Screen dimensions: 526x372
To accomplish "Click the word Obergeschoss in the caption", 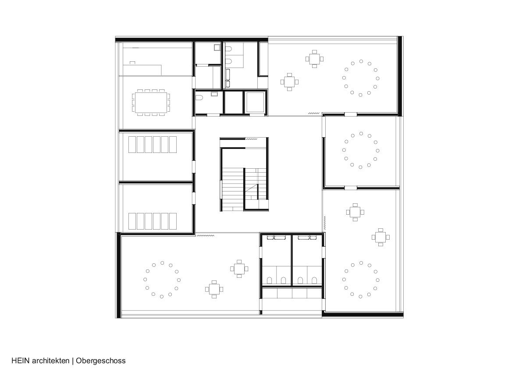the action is [x=100, y=361].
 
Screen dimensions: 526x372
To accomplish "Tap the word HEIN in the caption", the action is [x=21, y=361].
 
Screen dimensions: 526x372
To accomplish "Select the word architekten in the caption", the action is [x=51, y=361].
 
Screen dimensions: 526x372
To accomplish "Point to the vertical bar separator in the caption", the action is [x=73, y=361].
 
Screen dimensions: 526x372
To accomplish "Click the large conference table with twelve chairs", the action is [x=151, y=103].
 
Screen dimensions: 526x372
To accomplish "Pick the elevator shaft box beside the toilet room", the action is [x=255, y=103].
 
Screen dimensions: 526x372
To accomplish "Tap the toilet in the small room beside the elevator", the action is [x=199, y=98].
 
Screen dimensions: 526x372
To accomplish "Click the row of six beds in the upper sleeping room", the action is [x=153, y=145].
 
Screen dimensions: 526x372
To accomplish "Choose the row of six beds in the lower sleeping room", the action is [x=153, y=221].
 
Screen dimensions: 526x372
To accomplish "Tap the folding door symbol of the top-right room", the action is [x=314, y=113].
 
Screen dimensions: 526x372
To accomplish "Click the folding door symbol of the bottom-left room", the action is [x=205, y=235].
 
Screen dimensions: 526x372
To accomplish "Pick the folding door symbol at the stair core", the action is [x=251, y=139].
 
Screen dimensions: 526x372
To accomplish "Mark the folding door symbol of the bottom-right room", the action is [x=325, y=223].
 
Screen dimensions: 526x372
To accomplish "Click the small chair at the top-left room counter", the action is [x=132, y=63].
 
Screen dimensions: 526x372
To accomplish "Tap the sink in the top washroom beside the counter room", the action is [x=217, y=47].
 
